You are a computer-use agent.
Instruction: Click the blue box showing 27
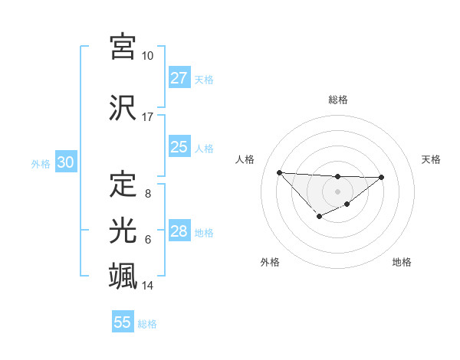(x=179, y=78)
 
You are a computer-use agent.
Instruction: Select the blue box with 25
(x=179, y=147)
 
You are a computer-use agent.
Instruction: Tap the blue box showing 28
(x=179, y=231)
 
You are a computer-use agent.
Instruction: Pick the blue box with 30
(x=65, y=162)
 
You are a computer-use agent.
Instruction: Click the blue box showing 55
(x=123, y=322)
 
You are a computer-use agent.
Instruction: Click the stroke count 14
(x=148, y=286)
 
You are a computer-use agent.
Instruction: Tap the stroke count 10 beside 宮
(x=147, y=56)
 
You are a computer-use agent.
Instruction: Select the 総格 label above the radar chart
(x=337, y=100)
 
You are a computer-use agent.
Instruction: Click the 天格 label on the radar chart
(x=432, y=159)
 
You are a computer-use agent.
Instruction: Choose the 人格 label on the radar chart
(x=245, y=159)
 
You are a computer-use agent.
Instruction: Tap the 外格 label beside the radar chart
(x=270, y=262)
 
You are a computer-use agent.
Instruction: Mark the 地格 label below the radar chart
(x=402, y=262)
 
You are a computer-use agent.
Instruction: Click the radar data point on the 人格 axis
(x=279, y=172)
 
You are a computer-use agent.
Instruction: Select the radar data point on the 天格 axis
(x=382, y=177)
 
